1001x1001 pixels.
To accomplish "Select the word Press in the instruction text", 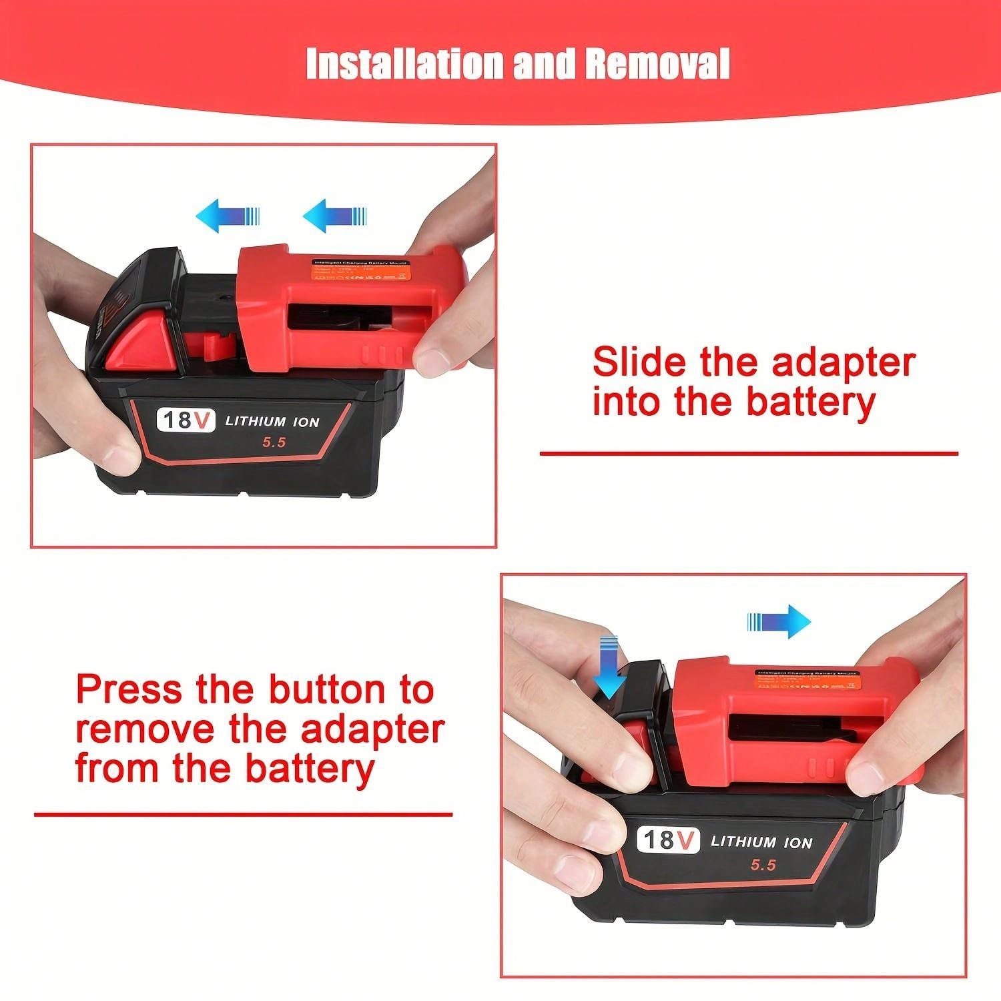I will coord(129,689).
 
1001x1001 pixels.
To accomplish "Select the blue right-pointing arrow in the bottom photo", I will coord(779,622).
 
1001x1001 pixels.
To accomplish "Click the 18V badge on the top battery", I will coord(186,420).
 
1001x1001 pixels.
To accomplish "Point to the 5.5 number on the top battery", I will coord(272,442).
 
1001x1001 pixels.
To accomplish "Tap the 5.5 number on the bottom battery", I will coord(763,864).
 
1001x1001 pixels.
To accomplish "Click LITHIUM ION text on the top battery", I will coord(272,421).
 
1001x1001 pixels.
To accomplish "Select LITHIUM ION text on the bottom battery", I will coord(761,842).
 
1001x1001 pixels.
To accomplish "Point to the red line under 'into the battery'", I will coord(748,454).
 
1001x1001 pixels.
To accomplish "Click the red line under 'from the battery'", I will coord(243,814).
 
